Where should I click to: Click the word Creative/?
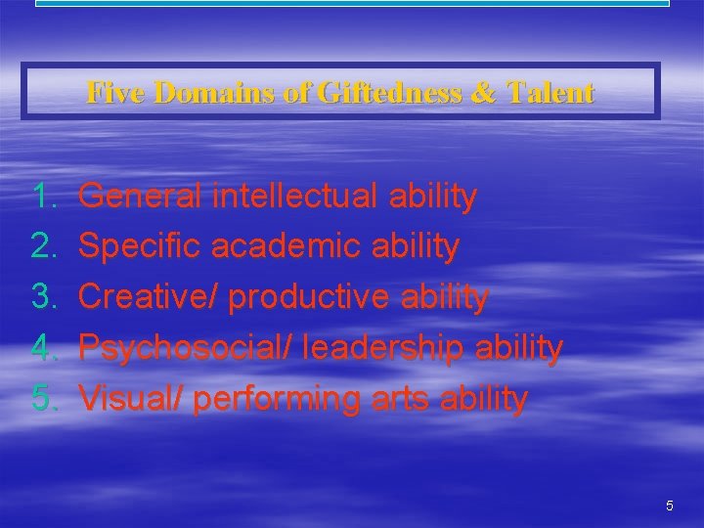[x=148, y=297]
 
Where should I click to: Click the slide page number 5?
[x=669, y=506]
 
